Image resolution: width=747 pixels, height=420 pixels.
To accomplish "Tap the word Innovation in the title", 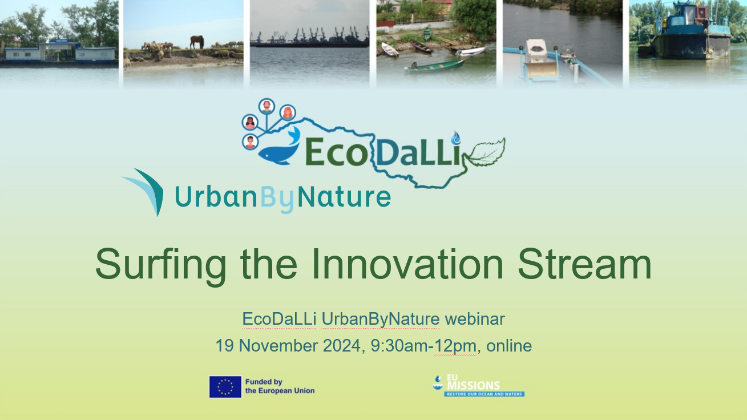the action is (x=407, y=264).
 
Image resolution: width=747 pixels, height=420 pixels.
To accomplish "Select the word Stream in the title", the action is (x=584, y=264).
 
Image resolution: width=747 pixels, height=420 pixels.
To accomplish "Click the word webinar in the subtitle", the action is (x=475, y=319).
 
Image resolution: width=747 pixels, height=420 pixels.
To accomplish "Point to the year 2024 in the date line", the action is (x=341, y=346).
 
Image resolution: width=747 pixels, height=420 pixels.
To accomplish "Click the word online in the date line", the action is (x=509, y=346).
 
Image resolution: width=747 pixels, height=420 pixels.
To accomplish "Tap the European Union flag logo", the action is (x=225, y=387).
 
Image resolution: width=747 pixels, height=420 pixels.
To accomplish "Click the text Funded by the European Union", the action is (x=280, y=386).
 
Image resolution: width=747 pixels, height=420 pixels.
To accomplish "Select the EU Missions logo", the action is (x=479, y=386).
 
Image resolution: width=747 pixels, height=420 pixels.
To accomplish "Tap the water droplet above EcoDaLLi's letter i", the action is (x=456, y=138).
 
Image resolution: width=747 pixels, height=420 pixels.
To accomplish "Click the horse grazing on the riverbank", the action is (x=197, y=42).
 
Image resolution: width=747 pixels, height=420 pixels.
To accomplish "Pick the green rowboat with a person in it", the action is (x=434, y=66).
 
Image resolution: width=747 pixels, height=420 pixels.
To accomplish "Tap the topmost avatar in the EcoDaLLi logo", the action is (x=267, y=106).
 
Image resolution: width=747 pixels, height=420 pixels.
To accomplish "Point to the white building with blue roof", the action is (x=59, y=51).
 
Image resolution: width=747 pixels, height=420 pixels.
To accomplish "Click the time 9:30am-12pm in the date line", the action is (x=423, y=346).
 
